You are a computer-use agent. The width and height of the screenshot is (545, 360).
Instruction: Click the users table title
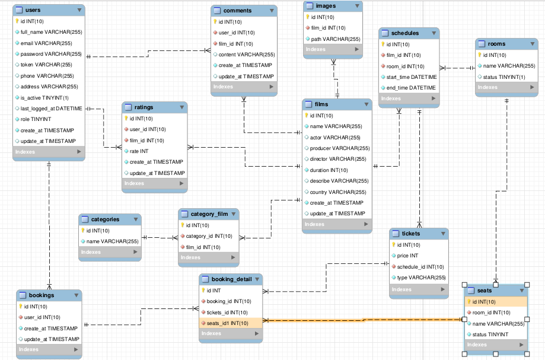point(33,10)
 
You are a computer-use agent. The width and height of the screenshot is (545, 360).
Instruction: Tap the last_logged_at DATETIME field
point(51,109)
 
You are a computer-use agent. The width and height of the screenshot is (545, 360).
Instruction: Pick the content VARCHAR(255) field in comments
point(246,55)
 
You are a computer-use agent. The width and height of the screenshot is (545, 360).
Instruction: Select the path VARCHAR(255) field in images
point(335,39)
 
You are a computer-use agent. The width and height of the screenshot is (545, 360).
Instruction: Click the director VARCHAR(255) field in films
point(338,159)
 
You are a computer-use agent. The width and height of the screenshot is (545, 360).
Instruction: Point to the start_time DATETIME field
point(412,77)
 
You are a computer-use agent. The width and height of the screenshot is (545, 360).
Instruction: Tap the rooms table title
point(496,44)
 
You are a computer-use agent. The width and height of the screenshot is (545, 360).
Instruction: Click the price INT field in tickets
point(407,256)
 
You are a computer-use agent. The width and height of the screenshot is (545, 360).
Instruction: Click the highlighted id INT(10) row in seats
point(496,302)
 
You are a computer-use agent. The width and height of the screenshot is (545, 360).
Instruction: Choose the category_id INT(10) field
point(209,236)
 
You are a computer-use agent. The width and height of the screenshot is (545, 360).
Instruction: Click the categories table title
point(105,219)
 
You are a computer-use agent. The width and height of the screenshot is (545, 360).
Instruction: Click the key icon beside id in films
point(307,116)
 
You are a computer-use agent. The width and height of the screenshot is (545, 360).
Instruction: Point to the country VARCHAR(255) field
point(338,192)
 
